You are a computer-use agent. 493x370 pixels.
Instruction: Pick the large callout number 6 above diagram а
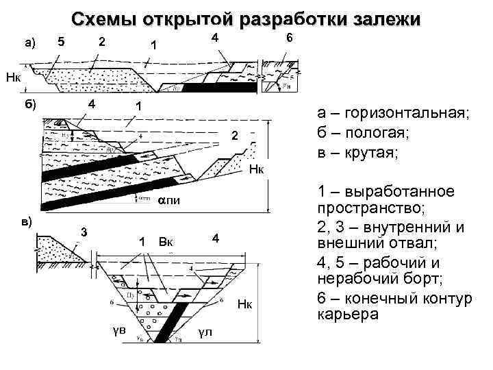point(289,39)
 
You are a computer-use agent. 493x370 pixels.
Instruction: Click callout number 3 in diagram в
point(83,230)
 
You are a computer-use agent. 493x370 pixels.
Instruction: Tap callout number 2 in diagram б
point(234,137)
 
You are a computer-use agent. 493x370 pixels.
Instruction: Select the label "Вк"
point(166,241)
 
